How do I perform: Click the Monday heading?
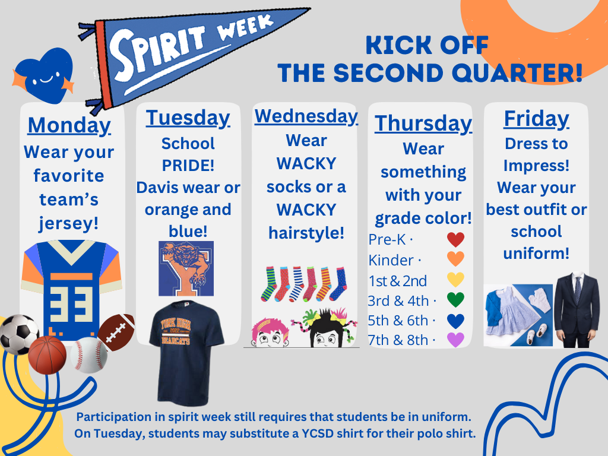[69, 125]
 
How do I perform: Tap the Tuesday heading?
[188, 118]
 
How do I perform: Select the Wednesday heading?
[306, 116]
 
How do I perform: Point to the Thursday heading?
[423, 123]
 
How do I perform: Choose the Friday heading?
[536, 118]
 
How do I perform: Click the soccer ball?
[18, 334]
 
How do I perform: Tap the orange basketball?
[47, 354]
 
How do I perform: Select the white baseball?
[89, 355]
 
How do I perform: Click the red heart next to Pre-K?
[455, 240]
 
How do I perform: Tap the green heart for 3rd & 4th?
[455, 299]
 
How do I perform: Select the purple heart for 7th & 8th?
[455, 340]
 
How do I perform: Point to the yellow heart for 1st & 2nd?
[455, 280]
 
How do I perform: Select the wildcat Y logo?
[186, 268]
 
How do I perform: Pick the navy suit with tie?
[577, 309]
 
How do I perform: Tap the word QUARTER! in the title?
[516, 73]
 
